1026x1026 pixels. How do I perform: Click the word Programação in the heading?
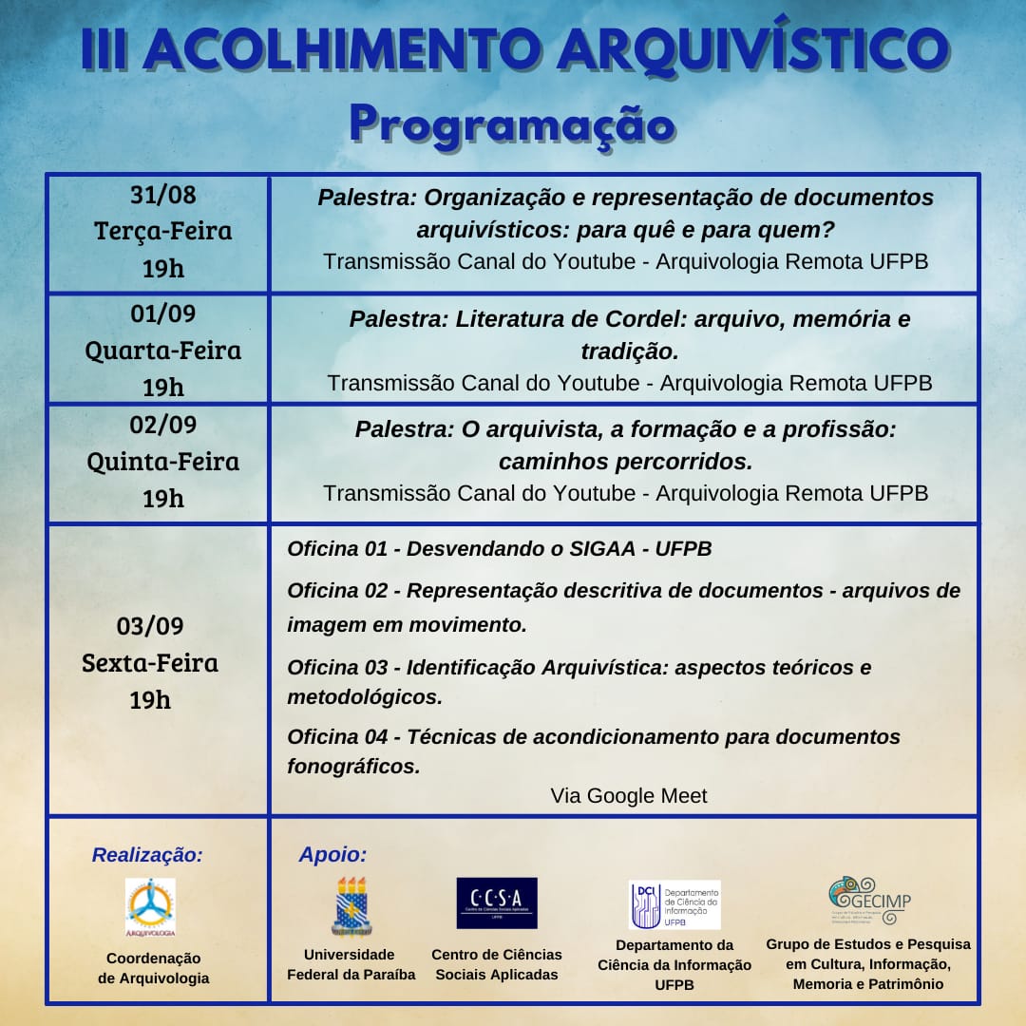tap(511, 123)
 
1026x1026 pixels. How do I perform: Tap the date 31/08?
tap(163, 195)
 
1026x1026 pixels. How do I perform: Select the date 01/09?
tap(163, 313)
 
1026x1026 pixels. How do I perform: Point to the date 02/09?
tap(163, 425)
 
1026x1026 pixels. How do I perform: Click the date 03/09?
tap(150, 626)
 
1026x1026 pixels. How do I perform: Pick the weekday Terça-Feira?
tap(163, 231)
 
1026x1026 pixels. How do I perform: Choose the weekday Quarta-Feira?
tap(163, 351)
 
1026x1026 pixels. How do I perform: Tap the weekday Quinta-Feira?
tap(163, 462)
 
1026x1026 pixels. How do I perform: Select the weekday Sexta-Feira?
tap(150, 662)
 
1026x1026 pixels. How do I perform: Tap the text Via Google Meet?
tap(629, 796)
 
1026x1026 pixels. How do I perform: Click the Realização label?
tap(147, 855)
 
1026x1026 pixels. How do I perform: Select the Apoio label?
tap(332, 855)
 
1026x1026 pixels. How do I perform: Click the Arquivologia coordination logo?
tap(150, 907)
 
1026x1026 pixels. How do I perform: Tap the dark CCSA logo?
tap(497, 902)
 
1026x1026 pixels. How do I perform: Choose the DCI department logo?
tap(674, 904)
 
